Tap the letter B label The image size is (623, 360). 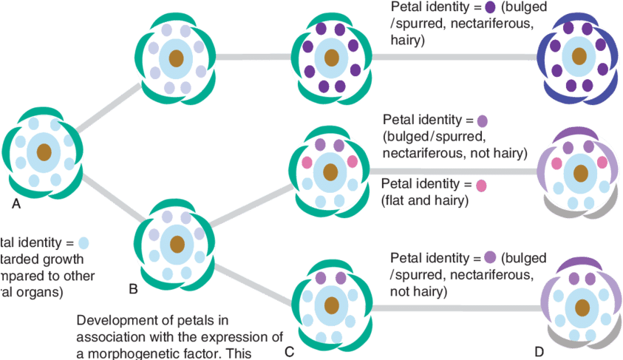click(x=132, y=289)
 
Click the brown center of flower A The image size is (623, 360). click(x=44, y=152)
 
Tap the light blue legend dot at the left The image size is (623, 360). click(x=84, y=242)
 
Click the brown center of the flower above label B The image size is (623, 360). click(x=177, y=243)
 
